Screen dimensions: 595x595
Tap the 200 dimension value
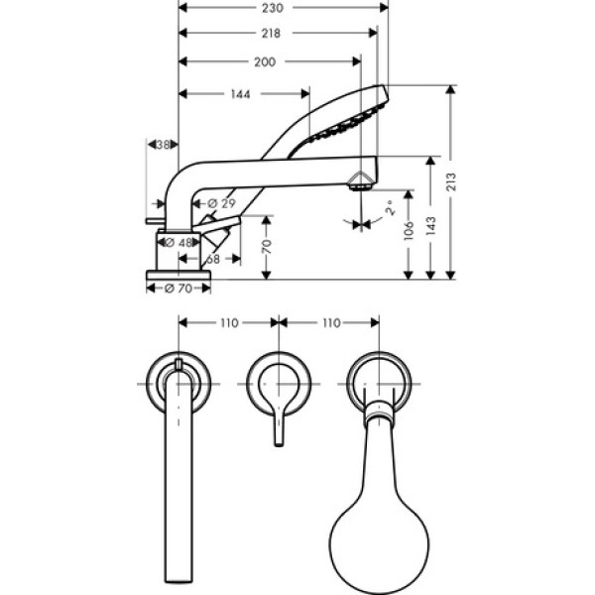point(264,61)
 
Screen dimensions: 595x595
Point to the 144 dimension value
point(239,94)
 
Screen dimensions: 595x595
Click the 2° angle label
point(390,209)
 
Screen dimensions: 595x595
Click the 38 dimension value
point(165,145)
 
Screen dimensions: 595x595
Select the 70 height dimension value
point(267,247)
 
